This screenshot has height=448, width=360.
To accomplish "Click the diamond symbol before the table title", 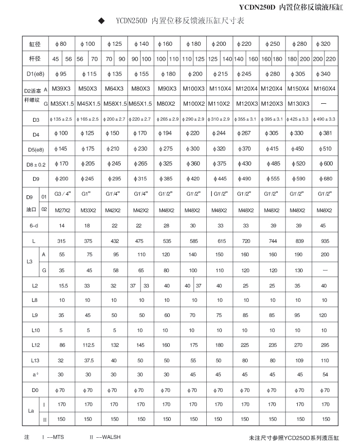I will (102, 21).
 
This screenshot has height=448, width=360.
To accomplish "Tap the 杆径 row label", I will (35, 59).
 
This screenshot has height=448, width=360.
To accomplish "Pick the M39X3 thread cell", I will (62, 89).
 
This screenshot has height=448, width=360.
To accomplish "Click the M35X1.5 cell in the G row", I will (62, 104).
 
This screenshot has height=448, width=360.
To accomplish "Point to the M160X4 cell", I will (324, 89).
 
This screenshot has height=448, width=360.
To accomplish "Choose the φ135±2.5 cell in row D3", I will (61, 119).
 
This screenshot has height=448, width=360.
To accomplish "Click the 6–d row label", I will (35, 226).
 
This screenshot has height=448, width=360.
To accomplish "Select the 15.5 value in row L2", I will (62, 286).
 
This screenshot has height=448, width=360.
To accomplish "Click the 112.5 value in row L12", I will (88, 345).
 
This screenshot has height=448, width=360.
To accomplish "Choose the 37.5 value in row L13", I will (88, 360).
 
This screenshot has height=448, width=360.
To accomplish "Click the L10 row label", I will (35, 331).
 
